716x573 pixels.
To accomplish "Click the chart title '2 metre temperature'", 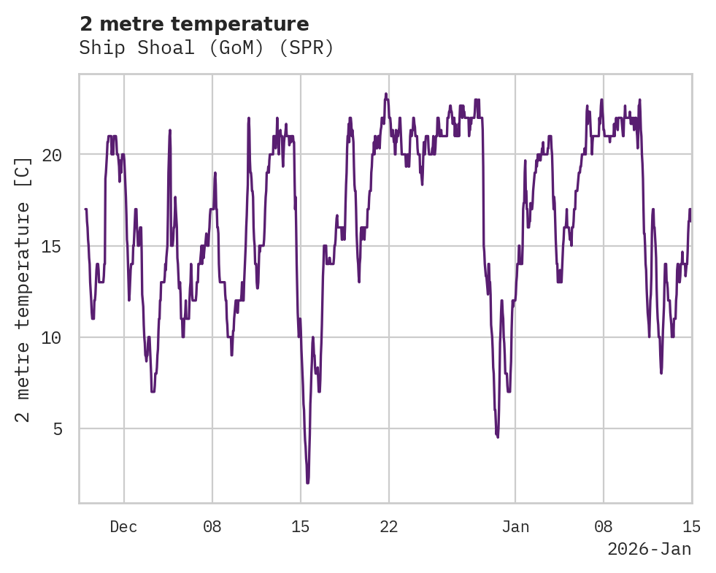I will click(x=194, y=24).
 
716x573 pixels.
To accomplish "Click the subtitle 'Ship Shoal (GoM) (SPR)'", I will click(x=207, y=48).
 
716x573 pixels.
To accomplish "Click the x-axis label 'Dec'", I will click(x=123, y=527).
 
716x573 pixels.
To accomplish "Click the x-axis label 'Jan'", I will click(x=515, y=527).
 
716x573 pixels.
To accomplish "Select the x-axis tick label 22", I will click(x=389, y=527).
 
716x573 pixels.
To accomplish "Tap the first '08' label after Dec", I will click(x=212, y=527).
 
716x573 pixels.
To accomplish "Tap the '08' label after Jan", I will click(x=604, y=527).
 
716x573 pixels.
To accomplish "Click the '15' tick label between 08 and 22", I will click(x=301, y=527).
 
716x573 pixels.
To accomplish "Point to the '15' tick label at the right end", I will click(x=691, y=527).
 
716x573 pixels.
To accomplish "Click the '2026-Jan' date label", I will click(x=649, y=549).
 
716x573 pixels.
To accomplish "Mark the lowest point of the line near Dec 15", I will click(x=307, y=482).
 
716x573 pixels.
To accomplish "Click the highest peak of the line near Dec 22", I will click(x=386, y=94).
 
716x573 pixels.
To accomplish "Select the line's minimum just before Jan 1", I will click(x=498, y=437).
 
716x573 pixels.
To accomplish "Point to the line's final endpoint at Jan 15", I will click(x=690, y=209).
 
